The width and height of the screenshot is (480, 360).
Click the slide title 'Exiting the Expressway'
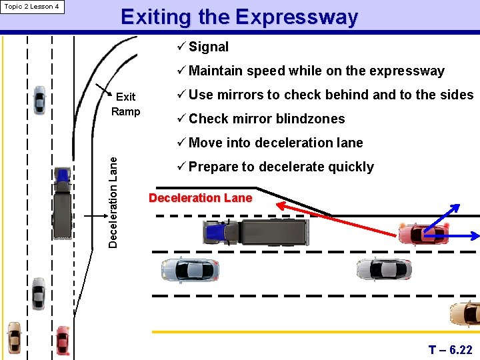(239, 17)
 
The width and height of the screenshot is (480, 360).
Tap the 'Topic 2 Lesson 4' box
(31, 7)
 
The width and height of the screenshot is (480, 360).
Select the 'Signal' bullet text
(208, 47)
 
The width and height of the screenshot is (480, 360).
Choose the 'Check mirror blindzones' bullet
(267, 119)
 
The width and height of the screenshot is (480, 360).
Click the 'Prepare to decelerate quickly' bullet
(281, 167)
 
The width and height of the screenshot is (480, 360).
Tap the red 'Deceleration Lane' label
(200, 198)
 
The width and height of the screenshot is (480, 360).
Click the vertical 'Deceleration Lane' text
(113, 203)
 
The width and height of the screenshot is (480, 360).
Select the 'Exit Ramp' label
(125, 104)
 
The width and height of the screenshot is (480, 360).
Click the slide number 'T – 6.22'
(450, 350)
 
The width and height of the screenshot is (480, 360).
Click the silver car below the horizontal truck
(189, 269)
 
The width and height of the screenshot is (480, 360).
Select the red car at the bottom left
(63, 340)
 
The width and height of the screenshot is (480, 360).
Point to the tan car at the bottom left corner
(14, 338)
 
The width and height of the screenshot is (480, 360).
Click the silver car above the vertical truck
(40, 100)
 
